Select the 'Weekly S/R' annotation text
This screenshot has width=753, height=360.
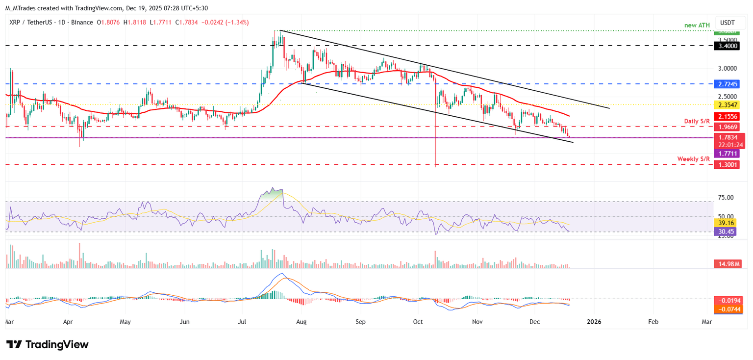693,159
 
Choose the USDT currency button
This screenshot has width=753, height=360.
728,23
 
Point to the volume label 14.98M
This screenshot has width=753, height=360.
727,264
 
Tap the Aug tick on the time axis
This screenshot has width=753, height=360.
301,322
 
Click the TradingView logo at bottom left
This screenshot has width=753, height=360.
48,344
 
